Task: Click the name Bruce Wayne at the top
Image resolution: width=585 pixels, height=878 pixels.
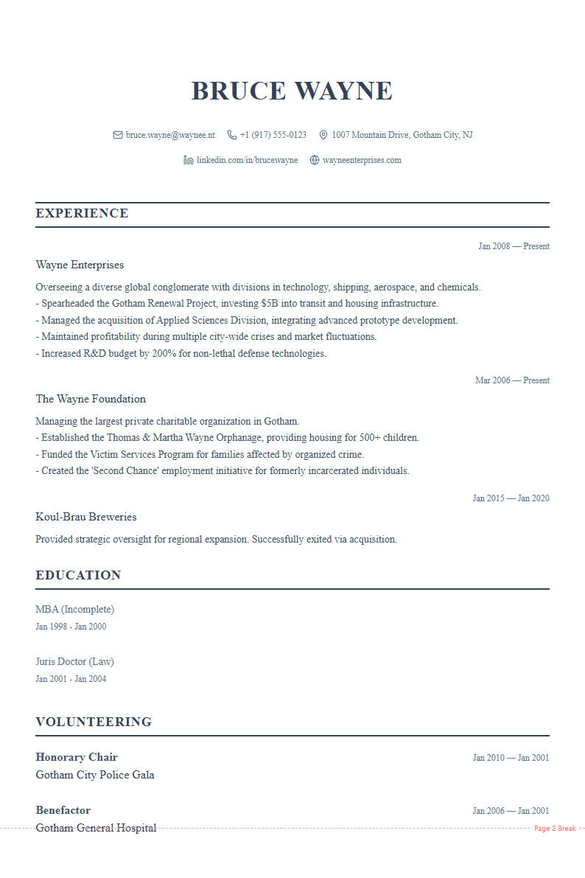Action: [292, 91]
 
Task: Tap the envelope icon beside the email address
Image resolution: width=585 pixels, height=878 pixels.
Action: [117, 135]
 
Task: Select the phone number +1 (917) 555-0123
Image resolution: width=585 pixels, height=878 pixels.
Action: [273, 135]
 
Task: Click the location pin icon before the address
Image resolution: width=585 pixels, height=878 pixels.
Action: [323, 135]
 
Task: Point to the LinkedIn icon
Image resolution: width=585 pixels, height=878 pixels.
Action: [189, 160]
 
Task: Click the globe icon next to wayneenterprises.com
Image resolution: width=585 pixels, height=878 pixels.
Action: [315, 160]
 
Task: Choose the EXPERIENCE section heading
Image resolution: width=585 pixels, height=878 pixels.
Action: [82, 214]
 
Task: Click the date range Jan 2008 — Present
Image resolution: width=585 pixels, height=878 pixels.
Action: [514, 246]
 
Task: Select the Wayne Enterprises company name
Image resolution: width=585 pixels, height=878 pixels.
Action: [80, 265]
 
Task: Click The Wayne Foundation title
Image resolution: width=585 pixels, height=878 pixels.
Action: [91, 399]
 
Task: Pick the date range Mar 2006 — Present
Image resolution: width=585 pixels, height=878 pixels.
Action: [512, 380]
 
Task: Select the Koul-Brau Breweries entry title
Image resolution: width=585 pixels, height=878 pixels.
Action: [86, 517]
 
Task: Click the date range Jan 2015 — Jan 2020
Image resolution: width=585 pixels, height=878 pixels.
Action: [511, 498]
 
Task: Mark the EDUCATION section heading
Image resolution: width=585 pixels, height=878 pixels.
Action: [78, 576]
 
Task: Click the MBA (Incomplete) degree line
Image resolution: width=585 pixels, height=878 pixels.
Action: [75, 610]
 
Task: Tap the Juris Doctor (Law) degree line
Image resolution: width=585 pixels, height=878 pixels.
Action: [74, 661]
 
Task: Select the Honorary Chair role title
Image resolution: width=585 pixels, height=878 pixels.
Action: [77, 757]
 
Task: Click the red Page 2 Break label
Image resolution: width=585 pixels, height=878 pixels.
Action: [555, 829]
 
